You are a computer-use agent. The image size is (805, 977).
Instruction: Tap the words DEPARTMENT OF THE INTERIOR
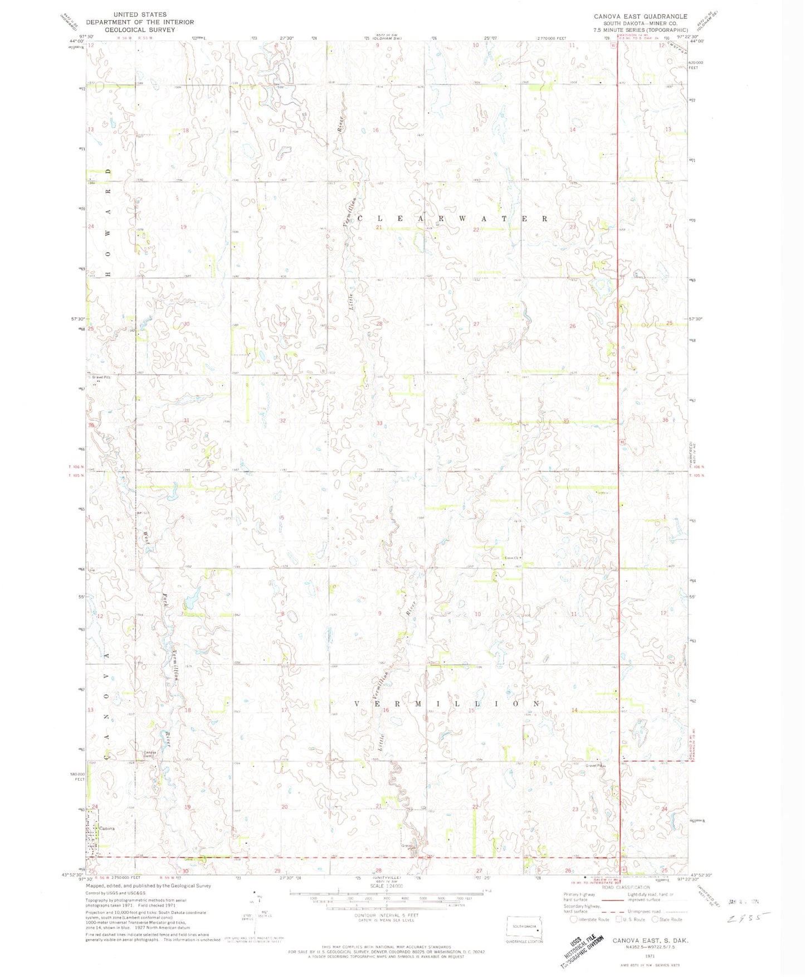point(140,22)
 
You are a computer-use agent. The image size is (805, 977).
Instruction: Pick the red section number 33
point(379,423)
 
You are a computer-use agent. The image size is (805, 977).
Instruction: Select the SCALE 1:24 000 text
point(384,901)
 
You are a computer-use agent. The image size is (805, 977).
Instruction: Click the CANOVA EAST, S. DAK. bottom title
point(650,940)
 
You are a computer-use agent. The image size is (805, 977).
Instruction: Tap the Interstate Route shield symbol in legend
point(574,919)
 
